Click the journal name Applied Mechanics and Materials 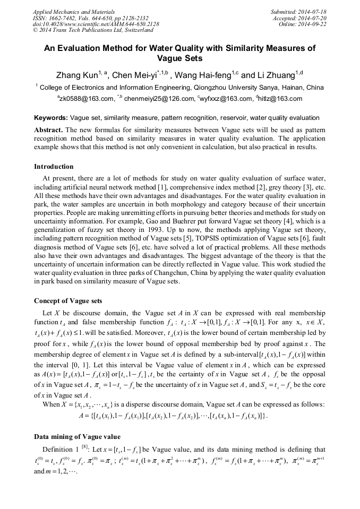point(74,11)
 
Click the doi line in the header point(96,24)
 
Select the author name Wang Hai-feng point(199,75)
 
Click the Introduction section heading point(54,167)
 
